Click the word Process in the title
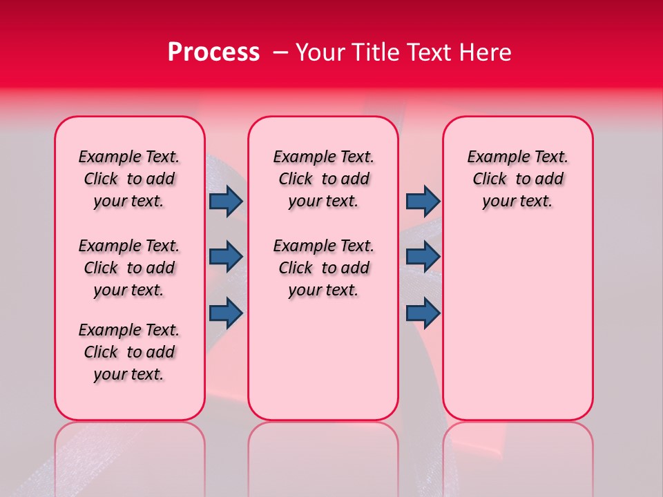pyautogui.click(x=213, y=52)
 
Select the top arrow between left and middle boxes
pyautogui.click(x=226, y=201)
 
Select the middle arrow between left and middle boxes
pyautogui.click(x=226, y=257)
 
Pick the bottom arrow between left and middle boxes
pyautogui.click(x=226, y=313)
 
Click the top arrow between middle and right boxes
pyautogui.click(x=423, y=201)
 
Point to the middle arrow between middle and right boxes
pyautogui.click(x=423, y=257)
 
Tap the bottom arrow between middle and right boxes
pyautogui.click(x=423, y=313)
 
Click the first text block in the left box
pyautogui.click(x=129, y=179)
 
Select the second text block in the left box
pyautogui.click(x=129, y=268)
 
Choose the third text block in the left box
pyautogui.click(x=129, y=352)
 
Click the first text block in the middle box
pyautogui.click(x=323, y=179)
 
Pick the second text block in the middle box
pyautogui.click(x=323, y=268)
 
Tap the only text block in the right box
pyautogui.click(x=517, y=179)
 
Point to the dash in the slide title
pyautogui.click(x=280, y=52)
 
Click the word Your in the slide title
pyautogui.click(x=320, y=52)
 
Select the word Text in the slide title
pyautogui.click(x=432, y=52)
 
